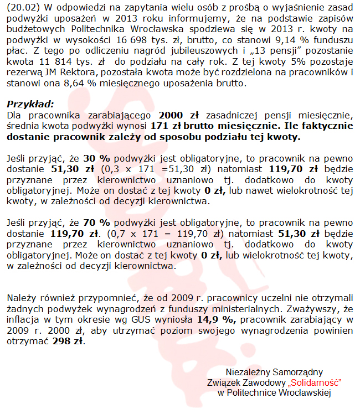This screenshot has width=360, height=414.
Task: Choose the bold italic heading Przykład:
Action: (x=30, y=104)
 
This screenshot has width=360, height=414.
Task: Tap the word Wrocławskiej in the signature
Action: (x=305, y=393)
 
